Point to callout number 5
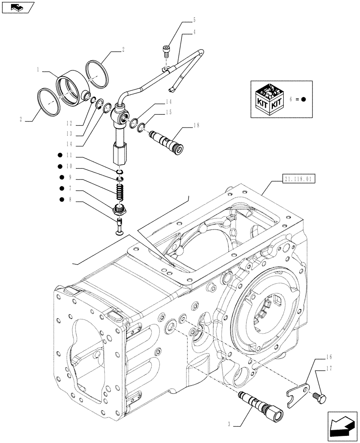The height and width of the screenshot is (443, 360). (x=194, y=20)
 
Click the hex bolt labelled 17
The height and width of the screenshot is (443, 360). (x=321, y=392)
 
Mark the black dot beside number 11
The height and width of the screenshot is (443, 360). (x=59, y=155)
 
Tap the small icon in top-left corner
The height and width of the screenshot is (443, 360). (x=18, y=7)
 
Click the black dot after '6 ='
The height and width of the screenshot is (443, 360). (x=304, y=99)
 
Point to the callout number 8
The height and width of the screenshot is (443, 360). (x=70, y=200)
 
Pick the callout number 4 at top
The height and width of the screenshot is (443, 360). (x=194, y=32)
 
